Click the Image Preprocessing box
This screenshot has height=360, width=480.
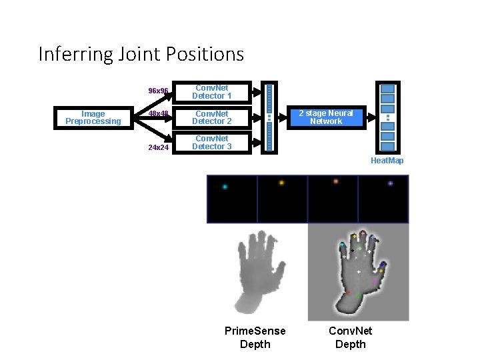point(93,118)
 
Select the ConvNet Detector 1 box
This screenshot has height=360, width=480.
point(212,92)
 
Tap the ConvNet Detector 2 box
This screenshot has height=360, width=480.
point(212,118)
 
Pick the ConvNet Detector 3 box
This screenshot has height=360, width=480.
point(212,143)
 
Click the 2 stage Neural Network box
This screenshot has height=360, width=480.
point(325,118)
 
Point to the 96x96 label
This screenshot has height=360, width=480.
point(158,91)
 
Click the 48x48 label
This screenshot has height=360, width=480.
point(158,114)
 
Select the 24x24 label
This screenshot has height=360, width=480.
point(158,147)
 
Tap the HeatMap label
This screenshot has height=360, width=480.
point(387,161)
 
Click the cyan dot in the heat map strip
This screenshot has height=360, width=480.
point(225,187)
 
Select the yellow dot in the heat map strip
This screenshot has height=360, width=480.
point(281,183)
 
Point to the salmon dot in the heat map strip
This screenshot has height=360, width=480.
point(335,181)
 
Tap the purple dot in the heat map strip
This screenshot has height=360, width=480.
point(390,183)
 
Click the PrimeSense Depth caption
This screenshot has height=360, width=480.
point(255,337)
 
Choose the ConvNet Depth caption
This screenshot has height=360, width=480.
point(351,337)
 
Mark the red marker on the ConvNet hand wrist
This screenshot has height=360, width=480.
point(348,292)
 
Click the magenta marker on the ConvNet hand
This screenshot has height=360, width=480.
point(375,281)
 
